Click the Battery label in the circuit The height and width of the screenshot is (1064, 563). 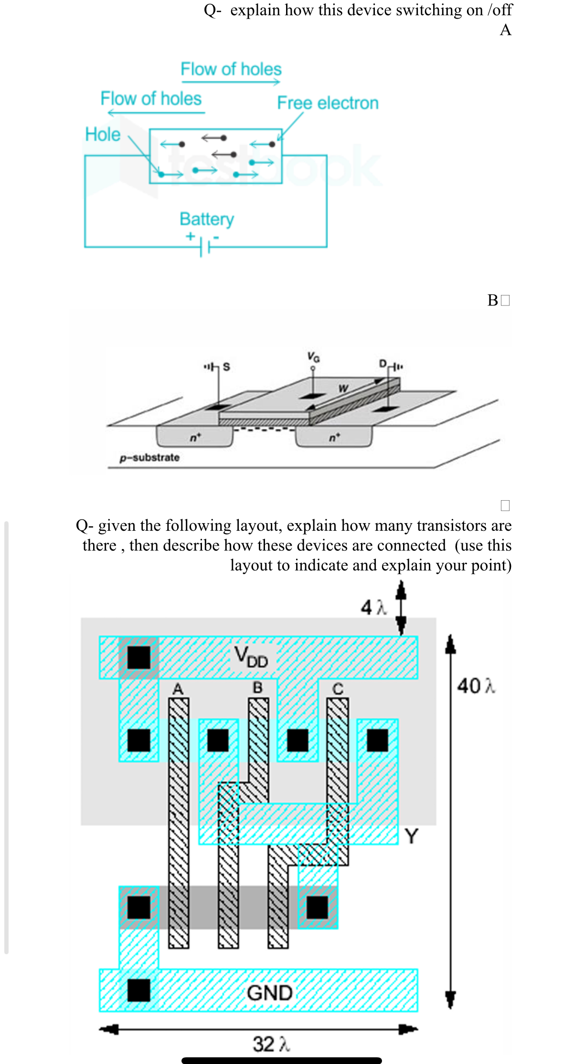[206, 219]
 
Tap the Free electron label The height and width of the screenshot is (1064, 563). [328, 103]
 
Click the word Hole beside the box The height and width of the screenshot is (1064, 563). [103, 134]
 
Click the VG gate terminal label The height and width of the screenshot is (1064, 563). [313, 357]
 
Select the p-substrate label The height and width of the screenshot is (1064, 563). [149, 457]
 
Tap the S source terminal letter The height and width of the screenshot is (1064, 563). [226, 367]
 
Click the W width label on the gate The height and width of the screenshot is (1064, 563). [342, 388]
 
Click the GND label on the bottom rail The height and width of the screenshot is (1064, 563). [269, 993]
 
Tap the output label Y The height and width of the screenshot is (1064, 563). [411, 836]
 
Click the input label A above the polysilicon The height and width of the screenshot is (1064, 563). [178, 689]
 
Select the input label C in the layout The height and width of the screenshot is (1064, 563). [338, 689]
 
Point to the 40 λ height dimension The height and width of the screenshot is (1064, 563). [476, 686]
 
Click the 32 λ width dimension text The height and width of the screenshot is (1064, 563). [271, 1044]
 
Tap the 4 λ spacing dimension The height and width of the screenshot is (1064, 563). [373, 607]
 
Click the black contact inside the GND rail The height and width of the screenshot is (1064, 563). [139, 990]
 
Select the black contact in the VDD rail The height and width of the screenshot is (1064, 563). [139, 657]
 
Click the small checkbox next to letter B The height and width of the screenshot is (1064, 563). [505, 300]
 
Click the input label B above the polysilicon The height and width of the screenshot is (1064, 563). [257, 687]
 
